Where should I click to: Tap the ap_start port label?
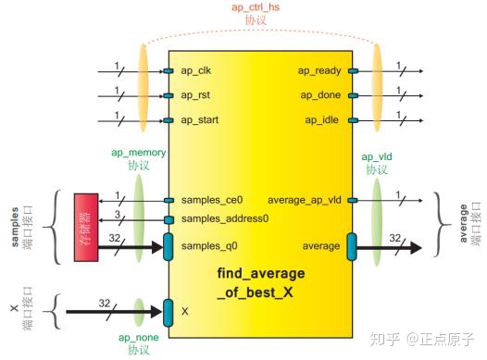coord(201,119)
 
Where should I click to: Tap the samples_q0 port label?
coord(208,246)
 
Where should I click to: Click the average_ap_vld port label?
coord(304,200)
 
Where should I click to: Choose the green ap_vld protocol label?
coord(375,163)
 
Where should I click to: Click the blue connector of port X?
coord(168,311)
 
